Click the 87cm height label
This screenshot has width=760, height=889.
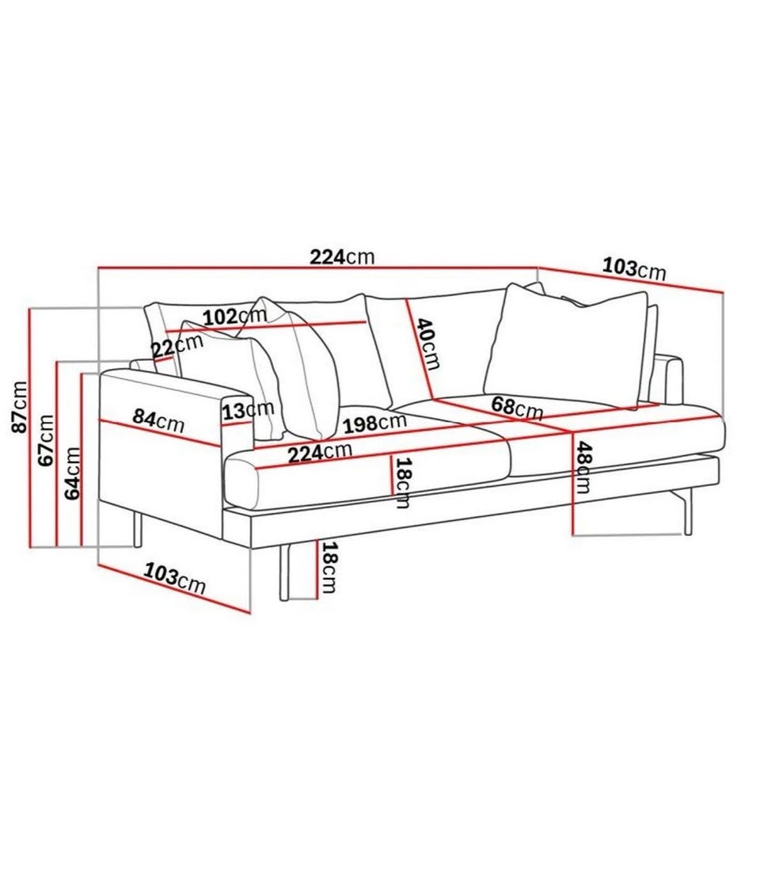click(20, 407)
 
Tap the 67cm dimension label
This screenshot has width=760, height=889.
click(46, 440)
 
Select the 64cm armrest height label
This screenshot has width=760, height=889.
click(72, 473)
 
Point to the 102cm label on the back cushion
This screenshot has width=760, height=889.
click(235, 316)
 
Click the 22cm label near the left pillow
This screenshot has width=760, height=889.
click(177, 346)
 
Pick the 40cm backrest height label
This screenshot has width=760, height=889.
click(428, 344)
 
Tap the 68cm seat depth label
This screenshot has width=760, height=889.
click(517, 407)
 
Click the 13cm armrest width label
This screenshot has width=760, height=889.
click(248, 410)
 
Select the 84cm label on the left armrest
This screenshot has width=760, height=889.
click(158, 420)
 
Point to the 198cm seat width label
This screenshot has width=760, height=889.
click(375, 423)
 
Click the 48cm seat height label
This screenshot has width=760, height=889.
click(583, 468)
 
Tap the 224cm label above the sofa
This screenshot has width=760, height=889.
click(342, 256)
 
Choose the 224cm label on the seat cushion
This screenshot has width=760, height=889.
click(320, 453)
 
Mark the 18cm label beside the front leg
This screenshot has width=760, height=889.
click(329, 567)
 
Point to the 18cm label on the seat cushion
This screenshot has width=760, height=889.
click(402, 482)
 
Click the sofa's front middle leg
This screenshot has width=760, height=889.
click(285, 572)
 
